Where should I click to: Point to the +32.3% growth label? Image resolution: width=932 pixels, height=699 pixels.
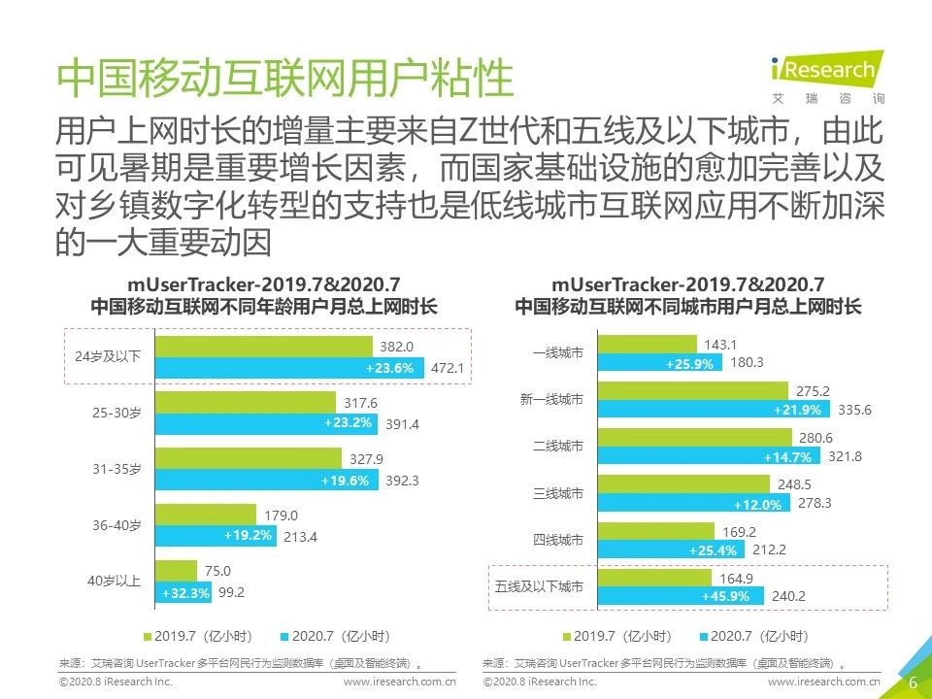click(181, 592)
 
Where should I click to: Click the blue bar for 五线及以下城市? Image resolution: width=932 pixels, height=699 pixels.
click(680, 596)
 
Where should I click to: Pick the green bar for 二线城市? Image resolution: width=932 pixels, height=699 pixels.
click(698, 437)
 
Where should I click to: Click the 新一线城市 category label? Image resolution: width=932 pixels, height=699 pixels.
click(551, 399)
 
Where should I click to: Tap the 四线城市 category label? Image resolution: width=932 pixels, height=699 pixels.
click(558, 540)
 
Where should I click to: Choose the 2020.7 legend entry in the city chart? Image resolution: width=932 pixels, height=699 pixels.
click(753, 636)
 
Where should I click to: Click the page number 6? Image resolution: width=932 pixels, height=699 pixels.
click(913, 682)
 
